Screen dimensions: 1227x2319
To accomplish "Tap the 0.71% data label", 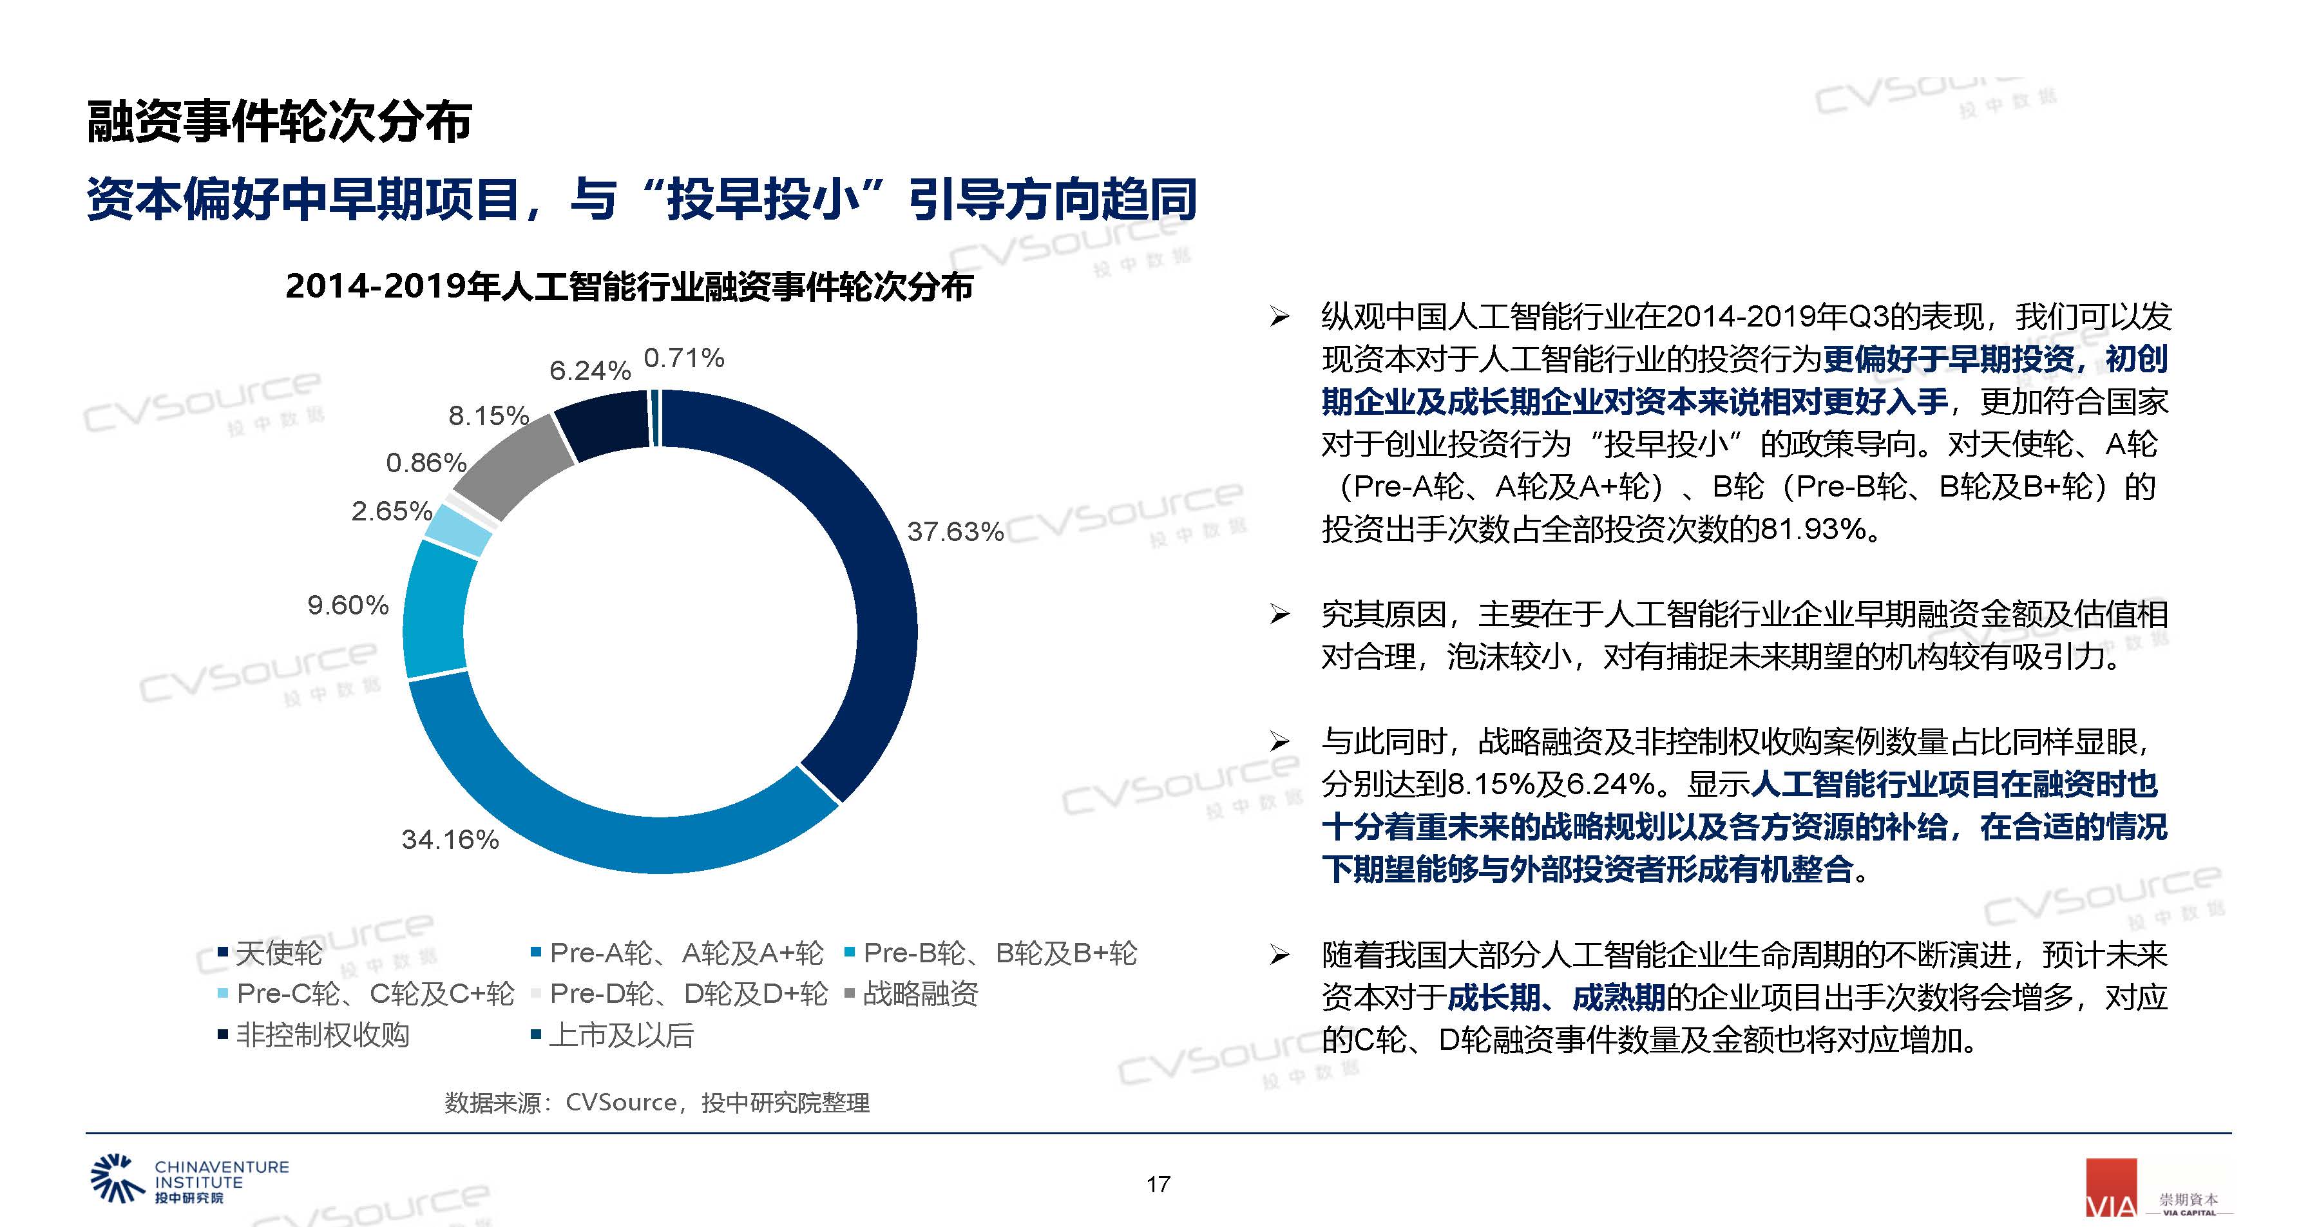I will pos(683,358).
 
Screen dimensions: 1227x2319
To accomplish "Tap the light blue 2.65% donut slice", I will pos(458,531).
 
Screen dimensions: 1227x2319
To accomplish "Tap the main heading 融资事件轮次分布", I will pos(279,122).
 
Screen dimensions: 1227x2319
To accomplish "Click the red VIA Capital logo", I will pos(2111,1188).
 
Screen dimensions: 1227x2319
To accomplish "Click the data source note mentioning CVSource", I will pos(656,1103).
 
